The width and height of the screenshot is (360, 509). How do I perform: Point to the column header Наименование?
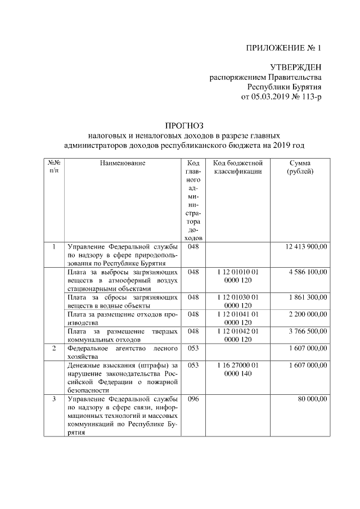[x=123, y=163]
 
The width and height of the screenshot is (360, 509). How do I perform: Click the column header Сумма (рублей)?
[x=300, y=168]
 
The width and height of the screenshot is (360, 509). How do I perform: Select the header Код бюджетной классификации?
[x=238, y=168]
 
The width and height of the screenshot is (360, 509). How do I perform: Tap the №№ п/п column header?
[x=53, y=168]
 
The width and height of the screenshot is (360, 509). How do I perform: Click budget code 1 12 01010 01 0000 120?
[x=238, y=276]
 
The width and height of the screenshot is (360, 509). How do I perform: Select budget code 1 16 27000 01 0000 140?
[x=238, y=369]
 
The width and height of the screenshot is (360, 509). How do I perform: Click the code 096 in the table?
[x=193, y=399]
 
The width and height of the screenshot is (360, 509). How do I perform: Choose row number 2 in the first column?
[x=53, y=348]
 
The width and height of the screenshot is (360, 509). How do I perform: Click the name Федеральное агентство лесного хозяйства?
[x=123, y=352]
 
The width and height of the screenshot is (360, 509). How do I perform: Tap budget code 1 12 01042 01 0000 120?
[x=238, y=335]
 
